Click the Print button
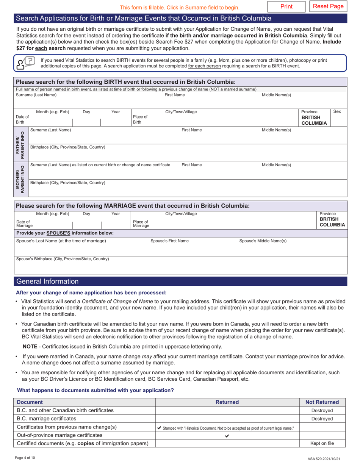[x=286, y=6]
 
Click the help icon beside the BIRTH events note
[x=24, y=63]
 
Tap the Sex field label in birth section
[x=337, y=112]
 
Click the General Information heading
[x=47, y=281]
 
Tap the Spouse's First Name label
[x=169, y=241]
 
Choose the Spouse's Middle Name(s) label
[x=263, y=241]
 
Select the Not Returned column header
[x=322, y=402]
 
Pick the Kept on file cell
[x=322, y=443]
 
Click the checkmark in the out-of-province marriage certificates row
[x=227, y=436]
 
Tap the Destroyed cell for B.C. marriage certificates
[x=322, y=419]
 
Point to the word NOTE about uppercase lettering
[x=30, y=346]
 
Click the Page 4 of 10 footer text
[x=25, y=458]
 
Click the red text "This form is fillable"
[x=180, y=7]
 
